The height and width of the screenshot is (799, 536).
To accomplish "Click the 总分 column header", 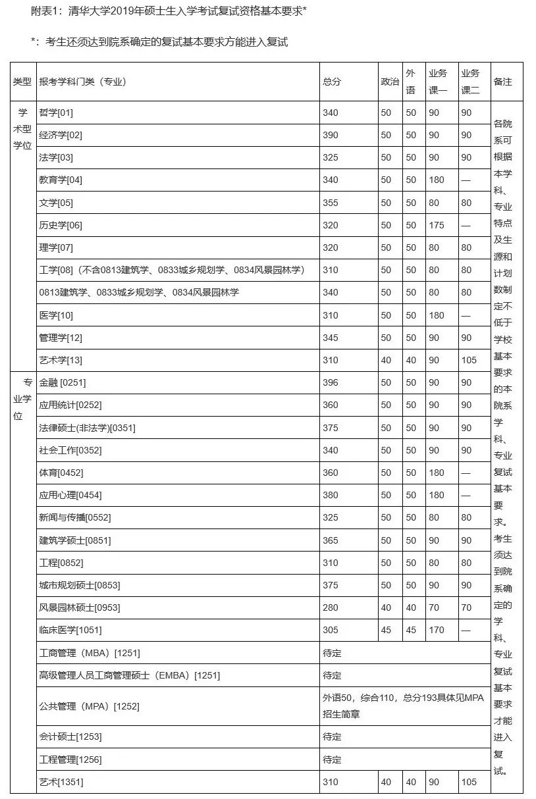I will tap(332, 82).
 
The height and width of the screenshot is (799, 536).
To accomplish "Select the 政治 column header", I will tap(390, 82).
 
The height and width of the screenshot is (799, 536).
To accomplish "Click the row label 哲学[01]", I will tap(56, 113).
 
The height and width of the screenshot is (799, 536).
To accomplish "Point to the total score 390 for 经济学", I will tap(331, 135).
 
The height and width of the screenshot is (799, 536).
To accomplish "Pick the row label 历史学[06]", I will tap(61, 225).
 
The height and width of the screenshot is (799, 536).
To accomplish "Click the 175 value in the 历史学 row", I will tap(437, 225).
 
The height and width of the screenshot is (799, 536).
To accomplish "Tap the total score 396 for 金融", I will tap(331, 382).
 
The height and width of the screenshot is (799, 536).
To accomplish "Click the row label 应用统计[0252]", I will tap(70, 405).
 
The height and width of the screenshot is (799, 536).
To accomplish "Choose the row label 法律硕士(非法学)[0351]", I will tap(87, 428).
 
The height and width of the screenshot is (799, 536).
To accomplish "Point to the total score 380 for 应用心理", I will tap(331, 495).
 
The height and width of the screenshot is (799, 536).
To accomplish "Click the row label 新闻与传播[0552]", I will tap(75, 517).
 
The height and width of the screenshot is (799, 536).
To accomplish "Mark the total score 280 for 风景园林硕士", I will tap(331, 607).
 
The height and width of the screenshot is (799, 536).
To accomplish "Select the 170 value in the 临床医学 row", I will tap(437, 630).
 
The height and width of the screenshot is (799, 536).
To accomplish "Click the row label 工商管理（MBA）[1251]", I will tap(90, 653).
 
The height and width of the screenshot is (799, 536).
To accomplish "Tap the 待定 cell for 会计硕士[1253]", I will tap(332, 736).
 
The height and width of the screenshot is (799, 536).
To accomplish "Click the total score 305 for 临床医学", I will tap(331, 630).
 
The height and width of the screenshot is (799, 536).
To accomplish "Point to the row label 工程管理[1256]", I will tap(70, 760).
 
